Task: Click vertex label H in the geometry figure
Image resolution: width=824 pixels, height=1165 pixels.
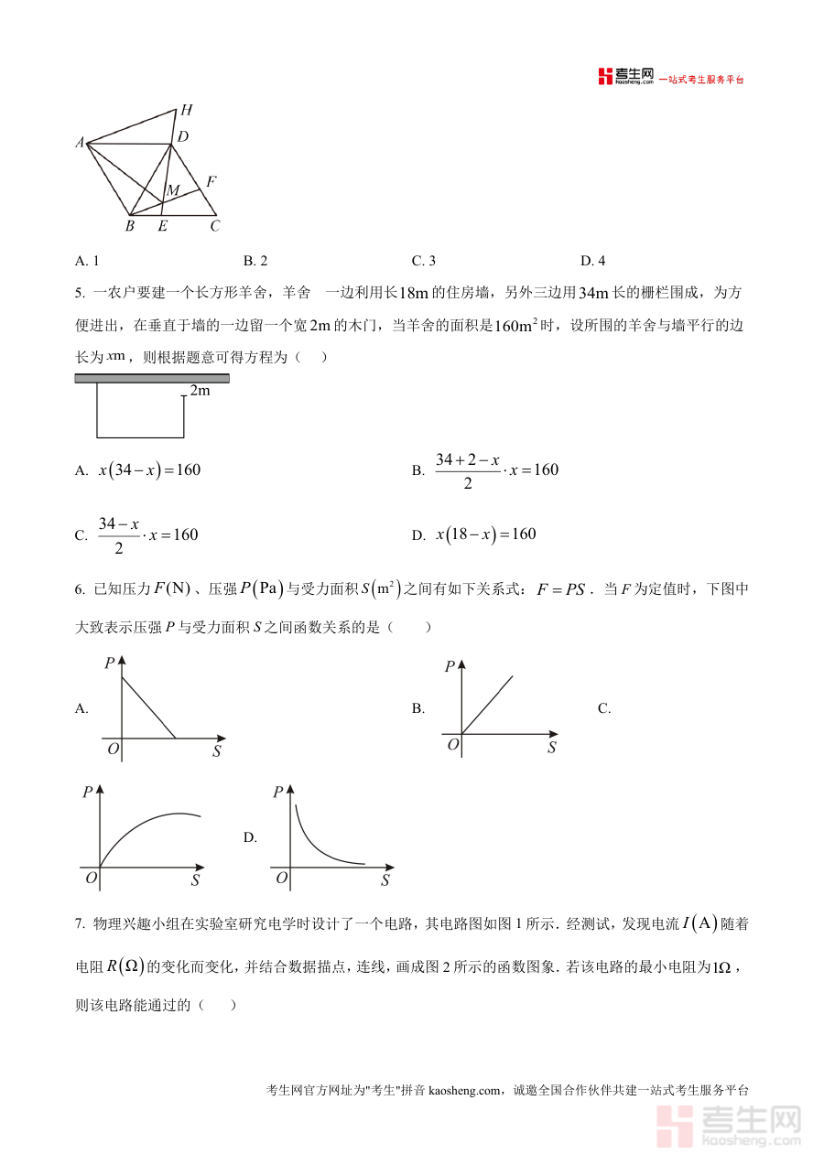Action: click(186, 111)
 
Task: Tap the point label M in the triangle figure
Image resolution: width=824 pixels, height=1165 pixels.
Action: click(172, 190)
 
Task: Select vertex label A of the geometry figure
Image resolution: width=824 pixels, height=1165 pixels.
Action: click(80, 143)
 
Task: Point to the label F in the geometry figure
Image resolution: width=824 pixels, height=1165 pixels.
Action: click(211, 182)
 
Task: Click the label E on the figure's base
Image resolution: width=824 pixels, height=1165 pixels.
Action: click(162, 226)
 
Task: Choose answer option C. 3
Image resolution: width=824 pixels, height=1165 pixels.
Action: click(423, 261)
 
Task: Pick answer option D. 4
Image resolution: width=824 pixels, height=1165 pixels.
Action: click(592, 261)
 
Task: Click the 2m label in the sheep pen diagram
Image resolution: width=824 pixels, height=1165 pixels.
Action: click(200, 391)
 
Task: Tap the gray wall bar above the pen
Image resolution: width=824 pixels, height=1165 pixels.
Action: click(151, 378)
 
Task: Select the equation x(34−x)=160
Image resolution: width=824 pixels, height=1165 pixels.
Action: click(149, 470)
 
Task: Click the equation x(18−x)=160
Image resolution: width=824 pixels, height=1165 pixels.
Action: click(485, 534)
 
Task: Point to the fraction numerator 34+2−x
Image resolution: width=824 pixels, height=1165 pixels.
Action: click(467, 459)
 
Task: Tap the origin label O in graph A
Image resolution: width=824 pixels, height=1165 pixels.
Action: click(113, 749)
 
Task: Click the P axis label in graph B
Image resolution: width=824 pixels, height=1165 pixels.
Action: click(450, 667)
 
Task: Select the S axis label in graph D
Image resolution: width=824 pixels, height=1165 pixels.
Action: click(385, 880)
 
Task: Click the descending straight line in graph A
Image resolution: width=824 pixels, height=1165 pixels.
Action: click(148, 707)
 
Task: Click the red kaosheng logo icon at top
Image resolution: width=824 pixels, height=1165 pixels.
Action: click(604, 77)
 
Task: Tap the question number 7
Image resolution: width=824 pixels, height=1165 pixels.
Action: click(80, 924)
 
